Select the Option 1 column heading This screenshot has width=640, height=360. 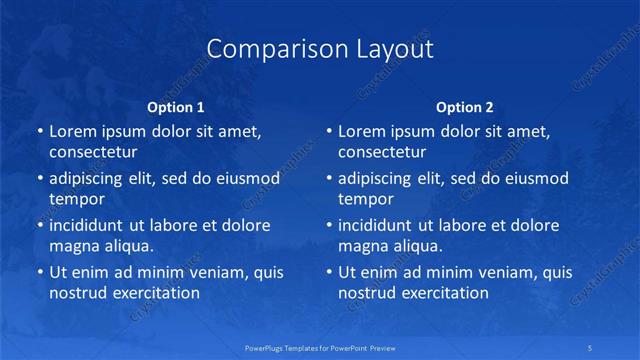coord(176,107)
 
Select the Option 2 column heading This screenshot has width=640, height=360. coord(465,107)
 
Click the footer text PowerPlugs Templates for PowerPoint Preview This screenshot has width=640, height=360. coord(320,346)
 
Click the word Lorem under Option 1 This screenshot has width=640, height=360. coord(73,131)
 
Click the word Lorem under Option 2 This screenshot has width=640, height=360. coord(362,131)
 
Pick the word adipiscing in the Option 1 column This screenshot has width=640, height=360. coord(89,179)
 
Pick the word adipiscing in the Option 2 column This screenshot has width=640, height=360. coord(378,179)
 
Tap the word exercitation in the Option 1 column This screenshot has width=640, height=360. coord(157,293)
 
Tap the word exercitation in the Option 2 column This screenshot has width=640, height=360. coord(446,293)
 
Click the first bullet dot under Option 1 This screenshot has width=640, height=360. coord(39,132)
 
